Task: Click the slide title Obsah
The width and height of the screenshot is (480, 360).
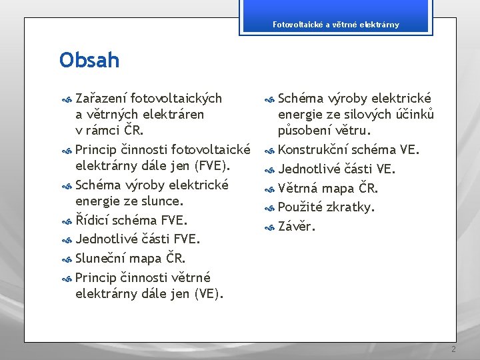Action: tap(89, 61)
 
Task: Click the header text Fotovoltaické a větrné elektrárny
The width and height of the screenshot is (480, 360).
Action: tap(336, 25)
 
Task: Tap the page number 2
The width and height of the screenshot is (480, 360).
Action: tap(453, 349)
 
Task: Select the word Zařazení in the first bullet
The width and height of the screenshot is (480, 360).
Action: tap(101, 98)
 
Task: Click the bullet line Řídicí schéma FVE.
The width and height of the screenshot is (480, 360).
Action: tap(131, 220)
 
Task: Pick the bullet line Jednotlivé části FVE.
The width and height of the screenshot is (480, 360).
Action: tap(138, 239)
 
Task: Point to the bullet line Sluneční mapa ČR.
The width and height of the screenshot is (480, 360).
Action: tap(131, 258)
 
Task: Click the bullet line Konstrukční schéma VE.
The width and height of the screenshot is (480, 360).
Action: tap(349, 149)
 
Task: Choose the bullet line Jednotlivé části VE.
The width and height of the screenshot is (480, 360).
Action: tap(337, 169)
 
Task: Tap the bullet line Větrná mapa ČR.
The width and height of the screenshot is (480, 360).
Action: tap(328, 187)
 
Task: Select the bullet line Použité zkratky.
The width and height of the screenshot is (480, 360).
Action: tap(327, 207)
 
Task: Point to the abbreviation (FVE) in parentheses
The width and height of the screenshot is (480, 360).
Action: tap(210, 165)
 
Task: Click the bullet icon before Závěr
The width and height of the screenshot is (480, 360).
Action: tap(269, 227)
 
